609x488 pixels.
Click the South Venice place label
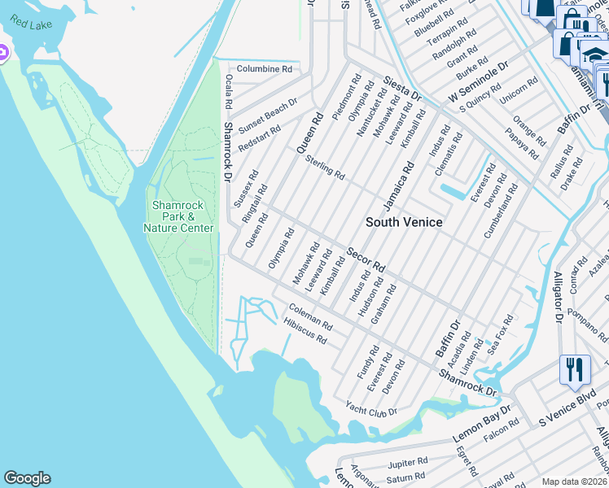404,222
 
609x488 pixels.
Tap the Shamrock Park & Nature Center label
178,216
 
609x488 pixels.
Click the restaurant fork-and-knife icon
575,371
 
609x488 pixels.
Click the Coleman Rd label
311,316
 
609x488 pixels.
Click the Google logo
27,478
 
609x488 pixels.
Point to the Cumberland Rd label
499,211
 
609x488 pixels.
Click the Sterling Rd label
326,168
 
